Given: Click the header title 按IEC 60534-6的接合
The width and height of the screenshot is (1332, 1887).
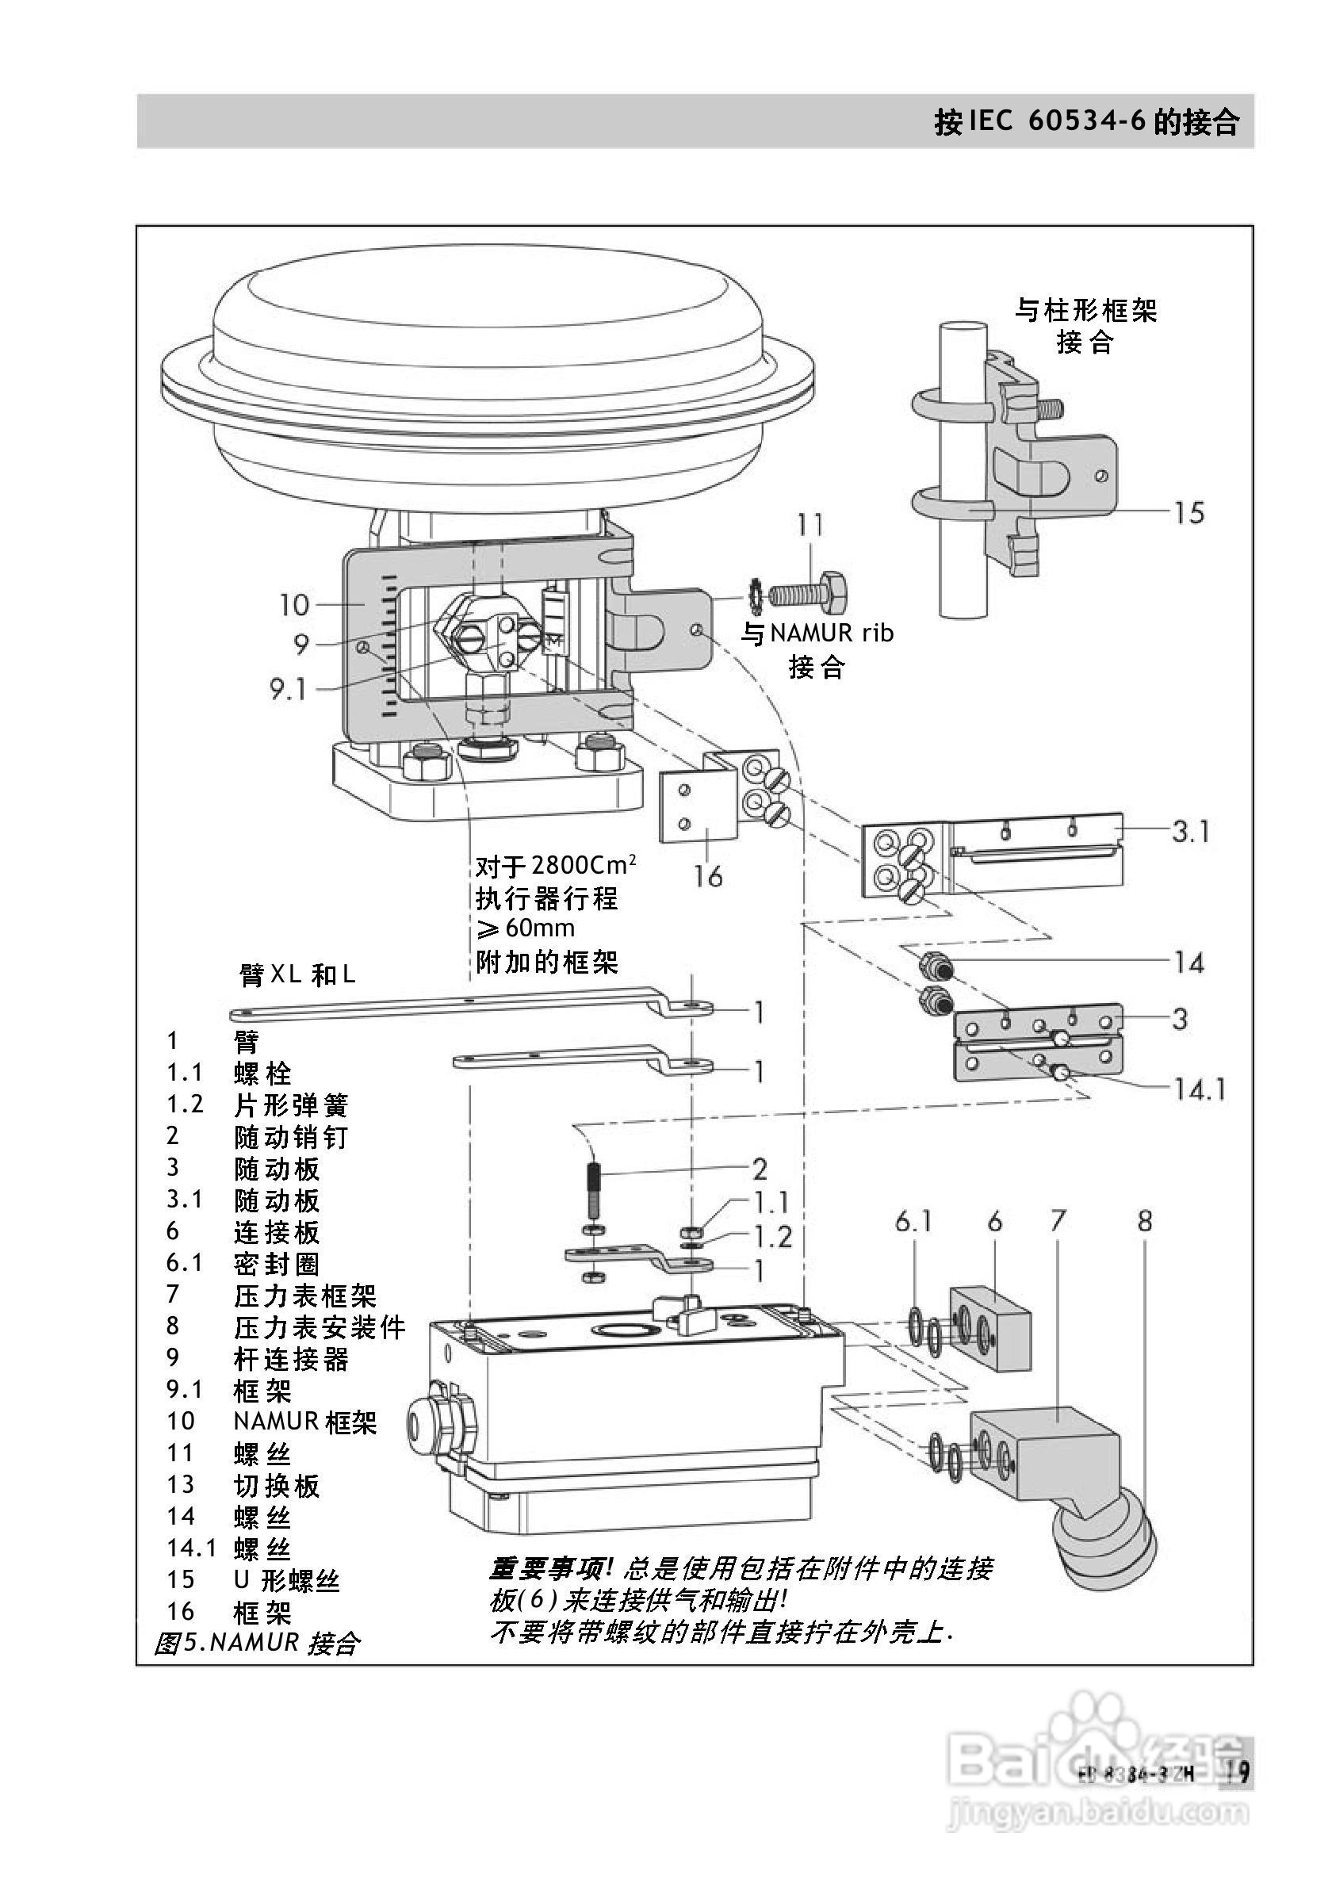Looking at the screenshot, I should click(x=1086, y=122).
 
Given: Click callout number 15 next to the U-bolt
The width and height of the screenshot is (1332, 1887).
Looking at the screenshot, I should click(x=1188, y=513).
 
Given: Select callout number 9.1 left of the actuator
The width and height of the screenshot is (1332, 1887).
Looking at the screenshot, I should click(x=289, y=689).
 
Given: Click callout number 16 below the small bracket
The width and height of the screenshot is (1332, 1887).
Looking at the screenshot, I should click(x=707, y=877).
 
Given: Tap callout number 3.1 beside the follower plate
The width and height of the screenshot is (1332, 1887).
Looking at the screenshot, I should click(x=1191, y=832).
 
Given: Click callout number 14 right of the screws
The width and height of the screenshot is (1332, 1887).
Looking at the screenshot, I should click(x=1189, y=963).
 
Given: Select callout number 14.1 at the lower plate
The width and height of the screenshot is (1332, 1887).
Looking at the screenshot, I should click(x=1199, y=1090).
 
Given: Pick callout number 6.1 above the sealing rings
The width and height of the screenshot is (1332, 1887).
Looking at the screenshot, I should click(x=913, y=1222).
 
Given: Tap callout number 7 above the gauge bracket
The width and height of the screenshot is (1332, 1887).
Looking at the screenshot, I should click(x=1058, y=1222).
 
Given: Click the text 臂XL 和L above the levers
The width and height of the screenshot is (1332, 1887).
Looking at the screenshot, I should click(x=297, y=974).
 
